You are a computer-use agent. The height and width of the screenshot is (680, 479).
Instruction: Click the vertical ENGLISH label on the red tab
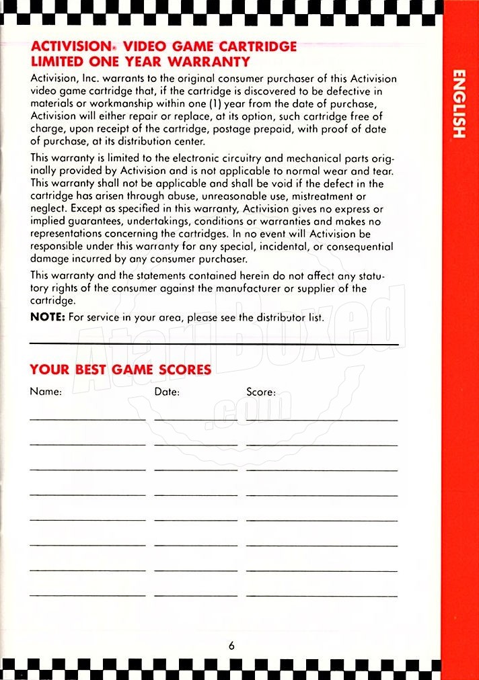pyautogui.click(x=458, y=103)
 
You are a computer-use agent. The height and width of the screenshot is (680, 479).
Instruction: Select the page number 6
pyautogui.click(x=231, y=646)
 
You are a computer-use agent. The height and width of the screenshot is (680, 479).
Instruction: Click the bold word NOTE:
pyautogui.click(x=47, y=317)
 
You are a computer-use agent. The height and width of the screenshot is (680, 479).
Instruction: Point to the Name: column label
pyautogui.click(x=46, y=392)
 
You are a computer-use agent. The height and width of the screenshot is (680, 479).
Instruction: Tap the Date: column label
pyautogui.click(x=167, y=392)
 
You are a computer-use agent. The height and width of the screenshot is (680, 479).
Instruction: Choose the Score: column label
pyautogui.click(x=261, y=392)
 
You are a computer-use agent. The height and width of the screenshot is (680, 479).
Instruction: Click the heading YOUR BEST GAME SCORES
pyautogui.click(x=120, y=370)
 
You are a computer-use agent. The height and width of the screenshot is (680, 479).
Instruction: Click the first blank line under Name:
pyautogui.click(x=87, y=420)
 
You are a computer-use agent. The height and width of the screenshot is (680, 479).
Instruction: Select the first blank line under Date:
pyautogui.click(x=195, y=420)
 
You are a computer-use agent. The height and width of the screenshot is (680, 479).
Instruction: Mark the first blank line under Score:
pyautogui.click(x=322, y=420)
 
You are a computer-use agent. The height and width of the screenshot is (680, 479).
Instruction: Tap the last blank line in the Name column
pyautogui.click(x=87, y=595)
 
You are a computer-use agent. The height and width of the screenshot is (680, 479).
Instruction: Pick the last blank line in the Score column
pyautogui.click(x=322, y=595)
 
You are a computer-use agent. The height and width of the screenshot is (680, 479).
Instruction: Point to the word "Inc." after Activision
pyautogui.click(x=90, y=79)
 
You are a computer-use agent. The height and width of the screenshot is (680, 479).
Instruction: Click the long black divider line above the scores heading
pyautogui.click(x=214, y=345)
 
